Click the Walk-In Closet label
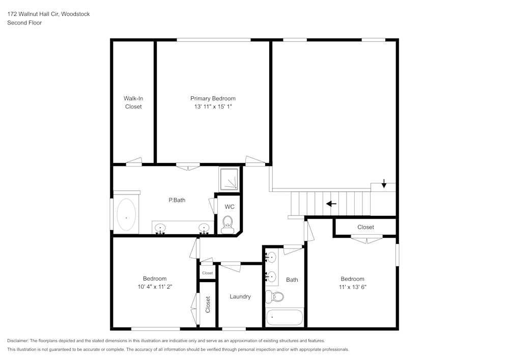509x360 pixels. [133, 102]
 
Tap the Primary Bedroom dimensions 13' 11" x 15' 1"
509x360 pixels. [213, 107]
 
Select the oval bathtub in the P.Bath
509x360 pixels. [126, 216]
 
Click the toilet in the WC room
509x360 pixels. [228, 222]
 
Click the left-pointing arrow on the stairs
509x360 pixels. [331, 204]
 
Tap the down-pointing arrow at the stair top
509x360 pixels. [384, 185]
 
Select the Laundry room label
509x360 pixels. [240, 296]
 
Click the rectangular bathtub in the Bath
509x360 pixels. [285, 317]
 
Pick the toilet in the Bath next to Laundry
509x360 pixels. [276, 296]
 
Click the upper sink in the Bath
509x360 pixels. [272, 257]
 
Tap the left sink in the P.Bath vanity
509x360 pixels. [160, 228]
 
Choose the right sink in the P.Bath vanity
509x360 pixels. [204, 228]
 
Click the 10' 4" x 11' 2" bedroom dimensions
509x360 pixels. [155, 287]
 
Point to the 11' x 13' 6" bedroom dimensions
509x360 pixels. [352, 287]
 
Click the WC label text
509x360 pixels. [230, 207]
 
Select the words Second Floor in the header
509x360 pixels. [24, 23]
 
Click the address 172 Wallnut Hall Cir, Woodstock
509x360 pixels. [48, 14]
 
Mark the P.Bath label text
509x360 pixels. [177, 200]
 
